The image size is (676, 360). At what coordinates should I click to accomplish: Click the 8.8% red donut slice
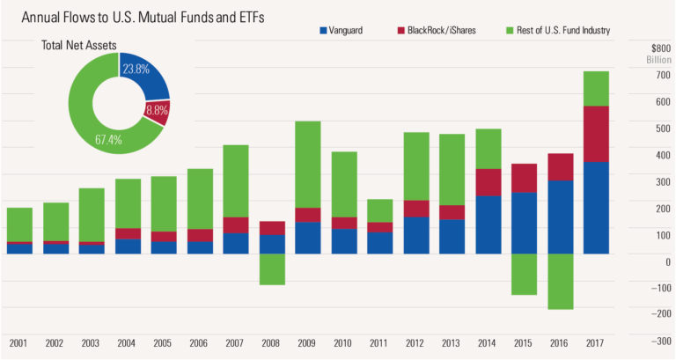(161, 112)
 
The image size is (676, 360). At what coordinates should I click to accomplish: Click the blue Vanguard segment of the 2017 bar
(597, 208)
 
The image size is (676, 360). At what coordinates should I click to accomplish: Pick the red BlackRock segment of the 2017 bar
(597, 134)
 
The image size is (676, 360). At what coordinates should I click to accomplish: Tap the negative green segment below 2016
(561, 282)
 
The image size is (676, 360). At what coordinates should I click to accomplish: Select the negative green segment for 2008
(272, 269)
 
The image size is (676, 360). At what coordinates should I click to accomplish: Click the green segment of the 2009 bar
(308, 164)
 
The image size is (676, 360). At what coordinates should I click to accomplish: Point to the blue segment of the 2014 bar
(489, 224)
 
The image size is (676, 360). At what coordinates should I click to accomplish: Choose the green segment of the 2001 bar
(19, 224)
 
